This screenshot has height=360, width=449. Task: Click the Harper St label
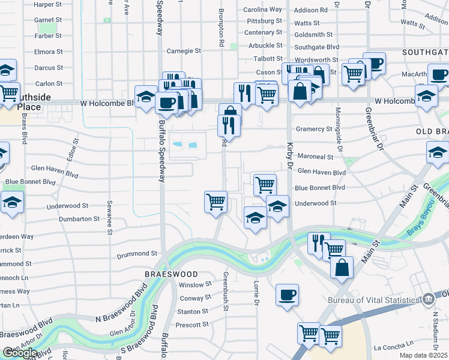click(x=48, y=4)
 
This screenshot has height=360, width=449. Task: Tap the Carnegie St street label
click(x=184, y=51)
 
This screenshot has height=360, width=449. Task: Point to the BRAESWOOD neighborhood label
click(x=163, y=273)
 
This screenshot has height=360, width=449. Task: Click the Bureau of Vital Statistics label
click(x=373, y=300)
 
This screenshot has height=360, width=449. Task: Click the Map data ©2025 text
click(x=423, y=355)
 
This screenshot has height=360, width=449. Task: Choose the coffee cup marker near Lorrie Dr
click(x=287, y=295)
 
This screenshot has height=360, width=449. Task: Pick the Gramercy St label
click(x=314, y=129)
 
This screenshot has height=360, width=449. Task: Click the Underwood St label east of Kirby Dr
click(x=316, y=203)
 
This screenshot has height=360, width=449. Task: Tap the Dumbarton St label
click(x=79, y=219)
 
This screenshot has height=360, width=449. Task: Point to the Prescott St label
click(x=193, y=325)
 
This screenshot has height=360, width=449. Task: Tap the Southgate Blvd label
click(x=317, y=46)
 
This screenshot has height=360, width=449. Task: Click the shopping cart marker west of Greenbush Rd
click(x=215, y=202)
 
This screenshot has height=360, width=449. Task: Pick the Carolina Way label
click(x=263, y=10)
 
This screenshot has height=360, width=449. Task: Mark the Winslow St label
click(x=196, y=285)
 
